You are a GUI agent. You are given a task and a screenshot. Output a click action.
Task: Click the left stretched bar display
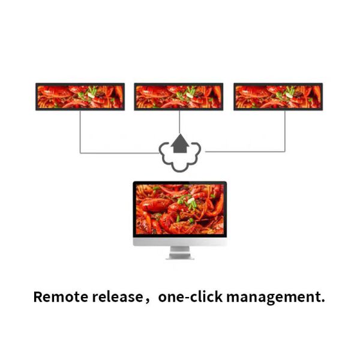[x=80, y=97]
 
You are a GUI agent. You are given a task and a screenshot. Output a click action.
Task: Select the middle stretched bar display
[x=179, y=97]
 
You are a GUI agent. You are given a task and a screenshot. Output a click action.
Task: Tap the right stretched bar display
[x=278, y=97]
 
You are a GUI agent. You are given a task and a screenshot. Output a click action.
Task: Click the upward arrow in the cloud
[x=180, y=143]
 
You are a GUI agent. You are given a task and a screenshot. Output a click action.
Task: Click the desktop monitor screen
[x=180, y=209]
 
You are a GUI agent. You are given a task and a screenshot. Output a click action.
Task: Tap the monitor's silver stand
[x=180, y=253]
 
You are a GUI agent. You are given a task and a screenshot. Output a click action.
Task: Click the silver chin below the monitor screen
[x=180, y=242]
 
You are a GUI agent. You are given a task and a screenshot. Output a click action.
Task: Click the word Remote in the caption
[x=61, y=296]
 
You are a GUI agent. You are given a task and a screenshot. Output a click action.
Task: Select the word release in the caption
[x=118, y=296]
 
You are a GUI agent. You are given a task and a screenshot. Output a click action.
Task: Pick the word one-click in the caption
[x=191, y=296]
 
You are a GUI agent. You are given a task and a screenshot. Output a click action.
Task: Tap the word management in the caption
[x=273, y=298]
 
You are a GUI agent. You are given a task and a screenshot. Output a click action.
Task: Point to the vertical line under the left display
[x=80, y=132]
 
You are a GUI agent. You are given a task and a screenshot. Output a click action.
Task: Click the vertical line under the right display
[x=285, y=131]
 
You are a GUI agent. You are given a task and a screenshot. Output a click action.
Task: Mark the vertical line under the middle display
[x=179, y=122]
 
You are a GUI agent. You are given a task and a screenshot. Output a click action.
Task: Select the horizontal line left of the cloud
[x=119, y=152]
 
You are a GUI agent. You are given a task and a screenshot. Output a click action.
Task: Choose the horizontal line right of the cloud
[x=245, y=151]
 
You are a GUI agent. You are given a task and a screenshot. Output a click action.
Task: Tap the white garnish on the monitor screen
[x=191, y=200]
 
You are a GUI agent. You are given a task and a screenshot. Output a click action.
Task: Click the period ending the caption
[x=323, y=301]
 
